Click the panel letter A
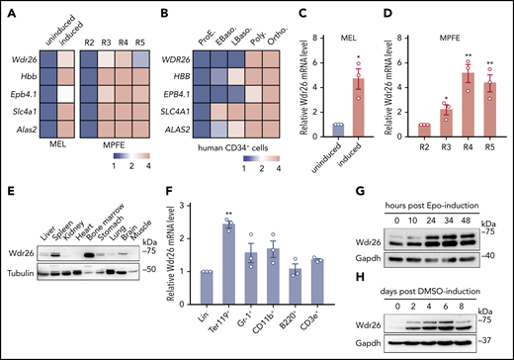[x=9, y=11]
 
